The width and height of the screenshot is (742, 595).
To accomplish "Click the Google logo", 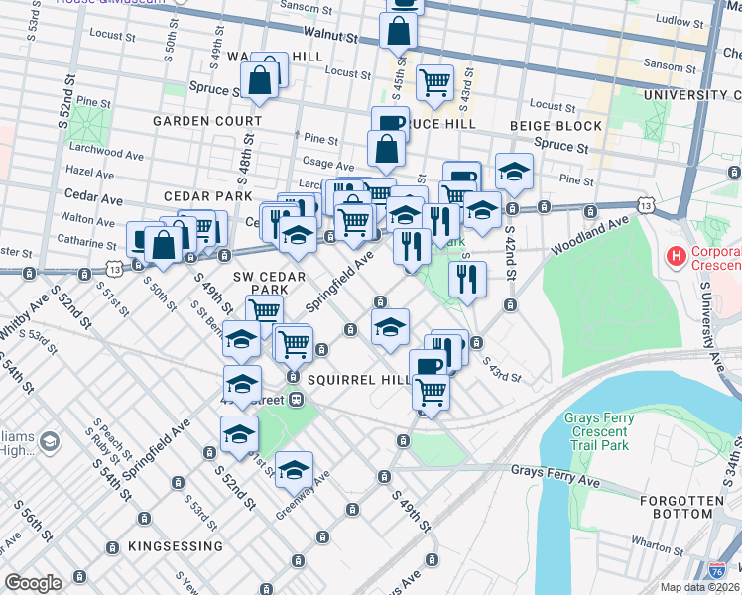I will [33, 583].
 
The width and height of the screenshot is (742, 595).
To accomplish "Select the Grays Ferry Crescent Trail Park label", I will [599, 431].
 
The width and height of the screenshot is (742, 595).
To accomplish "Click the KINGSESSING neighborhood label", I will [175, 546].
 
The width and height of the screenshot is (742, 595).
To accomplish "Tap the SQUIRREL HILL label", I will [358, 380].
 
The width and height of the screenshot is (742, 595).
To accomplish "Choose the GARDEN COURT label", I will [207, 121].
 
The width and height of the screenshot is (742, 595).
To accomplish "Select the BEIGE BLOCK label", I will [556, 126].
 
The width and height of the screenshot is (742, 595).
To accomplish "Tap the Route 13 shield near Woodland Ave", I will [646, 205].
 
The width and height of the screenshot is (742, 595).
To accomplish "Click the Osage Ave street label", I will [328, 166].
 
